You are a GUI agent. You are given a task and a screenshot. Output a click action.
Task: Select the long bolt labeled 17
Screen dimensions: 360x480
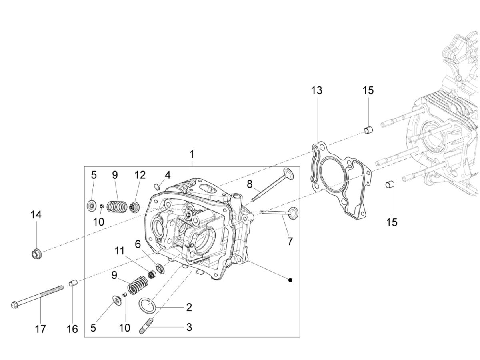38,296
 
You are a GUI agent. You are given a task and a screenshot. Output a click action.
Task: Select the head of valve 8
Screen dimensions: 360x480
288,175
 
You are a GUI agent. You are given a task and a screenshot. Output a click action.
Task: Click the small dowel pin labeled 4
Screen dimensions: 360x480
157,186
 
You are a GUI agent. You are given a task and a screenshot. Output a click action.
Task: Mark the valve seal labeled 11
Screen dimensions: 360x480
152,274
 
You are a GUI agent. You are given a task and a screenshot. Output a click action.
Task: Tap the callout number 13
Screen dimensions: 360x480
316,90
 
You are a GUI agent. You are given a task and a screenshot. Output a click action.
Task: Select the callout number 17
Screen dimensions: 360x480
40,329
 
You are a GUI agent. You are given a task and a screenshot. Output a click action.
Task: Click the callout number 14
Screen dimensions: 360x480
36,215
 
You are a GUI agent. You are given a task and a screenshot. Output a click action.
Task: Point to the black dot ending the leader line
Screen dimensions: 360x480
291,280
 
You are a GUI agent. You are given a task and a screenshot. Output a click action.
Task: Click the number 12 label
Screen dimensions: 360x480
140,175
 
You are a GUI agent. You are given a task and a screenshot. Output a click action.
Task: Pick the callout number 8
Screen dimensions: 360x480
250,184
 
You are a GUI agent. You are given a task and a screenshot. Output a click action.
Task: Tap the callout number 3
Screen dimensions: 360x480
189,327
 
